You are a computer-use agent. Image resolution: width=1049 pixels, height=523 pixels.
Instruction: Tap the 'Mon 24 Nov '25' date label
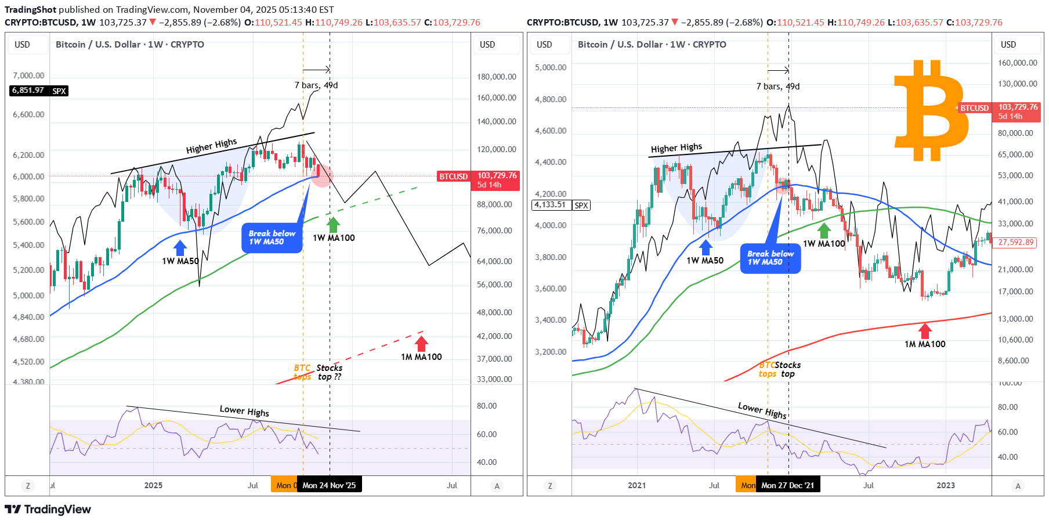point(329,485)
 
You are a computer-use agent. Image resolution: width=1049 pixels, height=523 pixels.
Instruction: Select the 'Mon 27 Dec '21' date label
point(787,485)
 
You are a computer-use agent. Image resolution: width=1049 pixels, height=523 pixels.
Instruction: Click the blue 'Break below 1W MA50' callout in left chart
point(272,237)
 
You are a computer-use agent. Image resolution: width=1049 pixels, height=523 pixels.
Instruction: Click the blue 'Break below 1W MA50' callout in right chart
point(770,258)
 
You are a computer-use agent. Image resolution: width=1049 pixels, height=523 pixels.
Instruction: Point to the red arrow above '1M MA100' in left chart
point(421,343)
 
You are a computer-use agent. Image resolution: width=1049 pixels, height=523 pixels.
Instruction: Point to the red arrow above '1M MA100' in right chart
point(925,331)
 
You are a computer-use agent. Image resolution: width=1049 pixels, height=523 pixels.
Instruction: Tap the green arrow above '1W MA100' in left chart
point(333,225)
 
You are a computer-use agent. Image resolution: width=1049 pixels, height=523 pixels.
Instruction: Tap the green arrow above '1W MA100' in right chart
point(824,230)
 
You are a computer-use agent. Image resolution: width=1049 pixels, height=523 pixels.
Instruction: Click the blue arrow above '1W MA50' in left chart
point(180,248)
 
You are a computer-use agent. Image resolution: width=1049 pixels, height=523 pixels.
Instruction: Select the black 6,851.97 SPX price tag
point(39,91)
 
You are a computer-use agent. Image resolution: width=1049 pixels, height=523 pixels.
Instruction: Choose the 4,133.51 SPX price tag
point(560,205)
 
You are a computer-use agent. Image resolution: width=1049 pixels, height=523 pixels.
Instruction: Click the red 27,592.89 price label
point(1016,242)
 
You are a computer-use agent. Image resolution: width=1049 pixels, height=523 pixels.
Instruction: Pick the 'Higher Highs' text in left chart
point(211,146)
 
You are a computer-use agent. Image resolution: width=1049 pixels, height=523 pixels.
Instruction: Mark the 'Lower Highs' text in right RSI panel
point(762,410)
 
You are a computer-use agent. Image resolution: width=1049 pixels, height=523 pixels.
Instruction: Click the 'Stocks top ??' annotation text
point(329,372)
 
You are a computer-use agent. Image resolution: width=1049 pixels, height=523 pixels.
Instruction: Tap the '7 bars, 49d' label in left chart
point(316,85)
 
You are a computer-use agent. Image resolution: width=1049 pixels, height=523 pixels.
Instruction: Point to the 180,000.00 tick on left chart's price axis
point(496,77)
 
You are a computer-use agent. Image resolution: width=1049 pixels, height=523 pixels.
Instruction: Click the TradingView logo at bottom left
point(48,510)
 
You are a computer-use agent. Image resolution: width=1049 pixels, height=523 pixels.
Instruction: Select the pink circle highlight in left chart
point(321,175)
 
